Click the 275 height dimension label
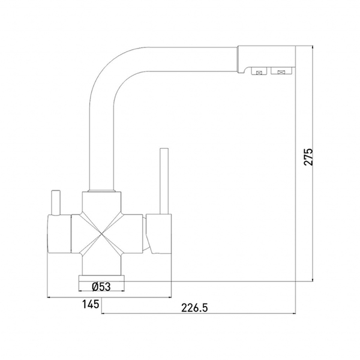[308, 157]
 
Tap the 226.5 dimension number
[194, 308]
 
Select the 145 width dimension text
[91, 304]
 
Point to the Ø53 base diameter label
[101, 286]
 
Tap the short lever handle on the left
[56, 203]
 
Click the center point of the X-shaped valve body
[101, 234]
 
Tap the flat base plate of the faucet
[101, 278]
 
